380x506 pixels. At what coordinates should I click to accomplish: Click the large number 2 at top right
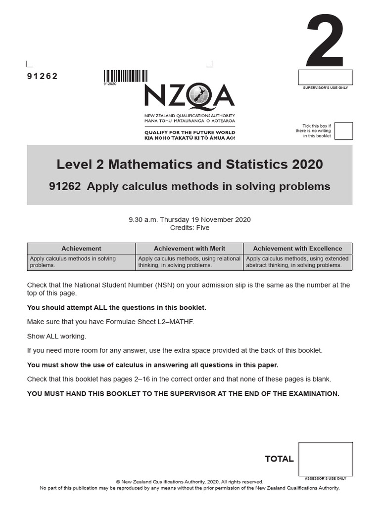[325, 42]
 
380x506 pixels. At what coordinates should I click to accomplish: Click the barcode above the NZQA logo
[125, 76]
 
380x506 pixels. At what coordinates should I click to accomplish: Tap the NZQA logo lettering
[190, 96]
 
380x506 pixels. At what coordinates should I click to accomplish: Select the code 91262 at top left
[42, 76]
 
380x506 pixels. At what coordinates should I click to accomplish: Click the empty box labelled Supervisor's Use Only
[325, 78]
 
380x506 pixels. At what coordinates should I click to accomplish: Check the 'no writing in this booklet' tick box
[343, 131]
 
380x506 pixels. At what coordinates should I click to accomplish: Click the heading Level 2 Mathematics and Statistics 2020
[190, 164]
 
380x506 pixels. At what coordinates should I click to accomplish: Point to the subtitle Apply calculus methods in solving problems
[190, 186]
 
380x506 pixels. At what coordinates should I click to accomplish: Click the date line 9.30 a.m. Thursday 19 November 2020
[190, 219]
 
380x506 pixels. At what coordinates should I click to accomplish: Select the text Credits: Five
[190, 228]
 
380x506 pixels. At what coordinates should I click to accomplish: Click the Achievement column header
[81, 249]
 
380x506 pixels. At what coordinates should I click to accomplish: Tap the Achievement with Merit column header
[190, 249]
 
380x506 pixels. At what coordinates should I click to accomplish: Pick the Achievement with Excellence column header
[297, 249]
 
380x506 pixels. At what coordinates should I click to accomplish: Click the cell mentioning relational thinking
[190, 262]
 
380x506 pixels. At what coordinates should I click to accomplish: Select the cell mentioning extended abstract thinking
[297, 262]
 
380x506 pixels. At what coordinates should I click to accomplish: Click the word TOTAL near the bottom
[279, 459]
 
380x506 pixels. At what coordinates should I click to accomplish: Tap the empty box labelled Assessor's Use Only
[326, 459]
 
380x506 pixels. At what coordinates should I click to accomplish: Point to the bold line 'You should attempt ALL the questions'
[116, 308]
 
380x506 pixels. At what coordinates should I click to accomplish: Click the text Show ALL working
[56, 337]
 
